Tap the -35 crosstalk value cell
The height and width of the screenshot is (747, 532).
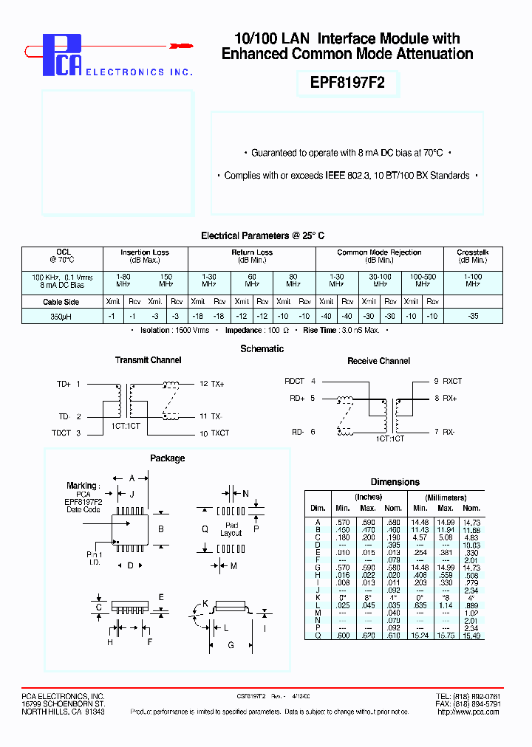tap(473, 316)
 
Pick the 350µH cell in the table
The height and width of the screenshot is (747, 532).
tap(61, 316)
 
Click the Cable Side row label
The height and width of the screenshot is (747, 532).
tap(61, 302)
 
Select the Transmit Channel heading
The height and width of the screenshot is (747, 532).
tap(148, 360)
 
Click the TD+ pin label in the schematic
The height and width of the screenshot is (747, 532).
tap(64, 384)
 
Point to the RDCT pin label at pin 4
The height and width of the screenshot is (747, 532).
tap(295, 381)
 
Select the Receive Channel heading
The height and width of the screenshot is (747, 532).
tap(378, 361)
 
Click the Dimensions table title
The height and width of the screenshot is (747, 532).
tap(395, 482)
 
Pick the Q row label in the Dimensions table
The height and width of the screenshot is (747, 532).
tap(317, 635)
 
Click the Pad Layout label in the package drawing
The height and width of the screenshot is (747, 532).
tap(231, 529)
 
